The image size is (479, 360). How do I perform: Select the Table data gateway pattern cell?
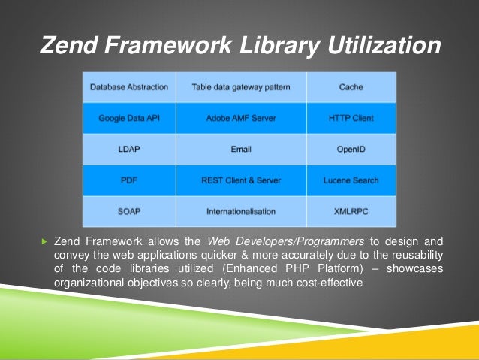[x=241, y=87]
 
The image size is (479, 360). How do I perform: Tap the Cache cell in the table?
[x=351, y=87]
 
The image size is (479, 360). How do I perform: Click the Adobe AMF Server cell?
[x=241, y=118]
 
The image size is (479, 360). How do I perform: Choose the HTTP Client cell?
[x=351, y=118]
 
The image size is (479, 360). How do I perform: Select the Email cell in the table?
[x=241, y=150]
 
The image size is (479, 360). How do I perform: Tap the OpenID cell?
[x=351, y=150]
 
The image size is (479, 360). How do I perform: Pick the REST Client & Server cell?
[x=241, y=180]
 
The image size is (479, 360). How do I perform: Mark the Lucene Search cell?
[x=351, y=180]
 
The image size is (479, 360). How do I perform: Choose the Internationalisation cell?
[x=241, y=212]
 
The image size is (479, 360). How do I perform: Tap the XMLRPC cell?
[x=351, y=212]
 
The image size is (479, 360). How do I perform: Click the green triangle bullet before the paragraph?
[x=44, y=242]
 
